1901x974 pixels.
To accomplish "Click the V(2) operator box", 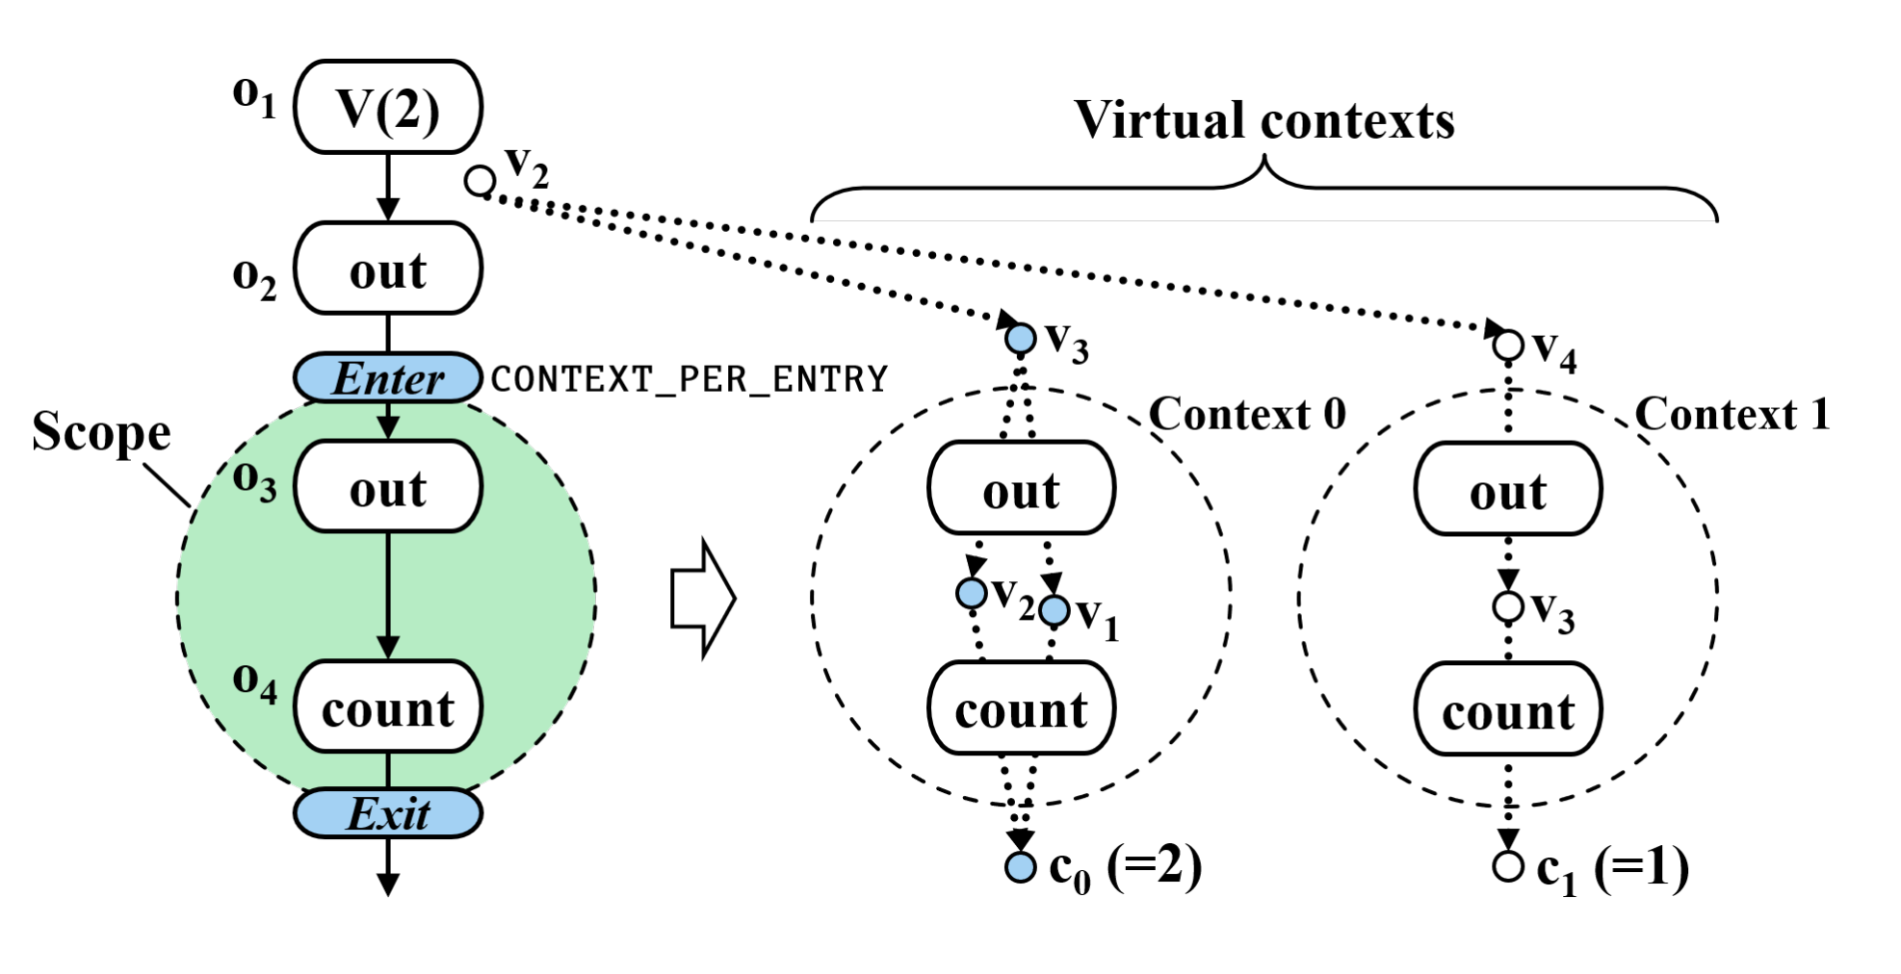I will (x=387, y=107).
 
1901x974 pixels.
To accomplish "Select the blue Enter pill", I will (x=387, y=377).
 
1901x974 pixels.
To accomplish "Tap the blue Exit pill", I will (x=387, y=813).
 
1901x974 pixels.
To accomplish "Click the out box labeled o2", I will (x=387, y=269).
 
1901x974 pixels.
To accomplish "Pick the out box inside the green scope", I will (x=387, y=487).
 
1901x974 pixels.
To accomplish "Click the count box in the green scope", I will (x=387, y=707).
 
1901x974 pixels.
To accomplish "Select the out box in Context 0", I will (x=1021, y=489).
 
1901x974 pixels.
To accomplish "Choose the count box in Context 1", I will (x=1507, y=709).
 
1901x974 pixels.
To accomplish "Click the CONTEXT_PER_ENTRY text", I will (x=689, y=379).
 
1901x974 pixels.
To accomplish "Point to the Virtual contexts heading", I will (x=1263, y=120).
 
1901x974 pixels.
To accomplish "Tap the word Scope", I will (x=101, y=431).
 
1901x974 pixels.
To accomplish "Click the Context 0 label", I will (x=1247, y=414).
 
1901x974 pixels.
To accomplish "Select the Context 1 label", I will (x=1732, y=414).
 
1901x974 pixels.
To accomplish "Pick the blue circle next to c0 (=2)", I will (x=1020, y=867).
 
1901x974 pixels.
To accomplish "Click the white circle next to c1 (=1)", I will (x=1508, y=866).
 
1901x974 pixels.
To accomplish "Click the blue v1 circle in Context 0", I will (x=1055, y=610).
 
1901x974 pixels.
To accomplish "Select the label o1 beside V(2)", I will (x=254, y=97).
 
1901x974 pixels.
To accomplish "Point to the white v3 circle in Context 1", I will (x=1508, y=607).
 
